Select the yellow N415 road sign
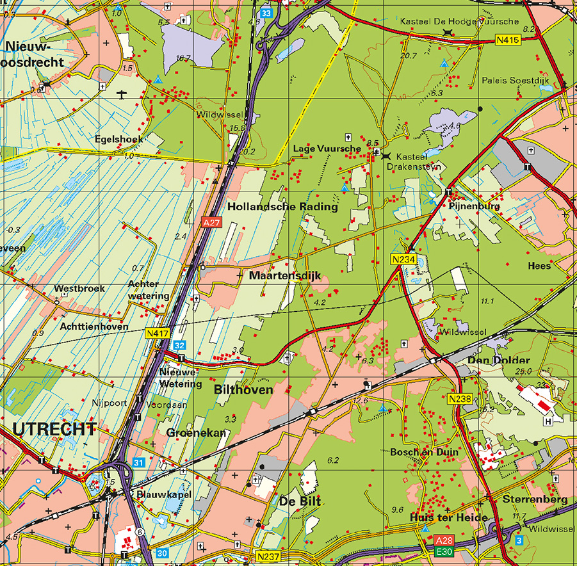[507, 40]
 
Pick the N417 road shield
[158, 333]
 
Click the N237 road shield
[267, 556]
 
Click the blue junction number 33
[266, 13]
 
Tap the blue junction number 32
[179, 345]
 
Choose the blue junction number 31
[139, 462]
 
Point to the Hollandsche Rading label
[282, 207]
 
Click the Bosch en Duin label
[424, 452]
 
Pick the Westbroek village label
[79, 289]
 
